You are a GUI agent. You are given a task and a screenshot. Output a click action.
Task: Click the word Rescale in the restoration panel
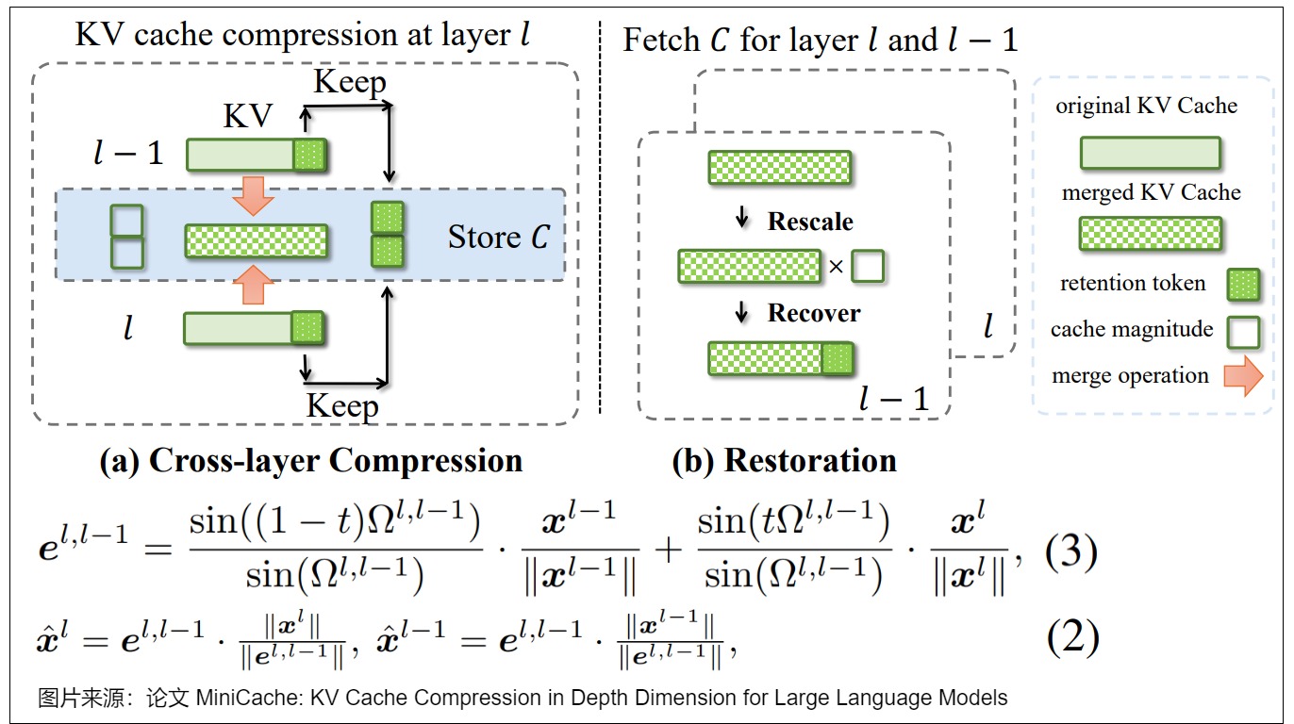pyautogui.click(x=810, y=222)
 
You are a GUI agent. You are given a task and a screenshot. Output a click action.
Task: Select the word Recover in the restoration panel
pyautogui.click(x=813, y=313)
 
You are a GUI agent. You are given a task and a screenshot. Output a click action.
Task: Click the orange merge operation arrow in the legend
pyautogui.click(x=1242, y=376)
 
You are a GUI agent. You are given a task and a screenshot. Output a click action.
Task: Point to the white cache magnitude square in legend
pyautogui.click(x=1243, y=331)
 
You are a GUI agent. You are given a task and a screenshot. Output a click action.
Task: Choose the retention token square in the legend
pyautogui.click(x=1243, y=285)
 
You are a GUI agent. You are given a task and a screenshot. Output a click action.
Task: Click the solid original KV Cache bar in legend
pyautogui.click(x=1151, y=153)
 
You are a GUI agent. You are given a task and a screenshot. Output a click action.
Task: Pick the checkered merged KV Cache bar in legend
pyautogui.click(x=1151, y=234)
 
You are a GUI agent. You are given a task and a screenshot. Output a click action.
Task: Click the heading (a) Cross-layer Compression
pyautogui.click(x=311, y=461)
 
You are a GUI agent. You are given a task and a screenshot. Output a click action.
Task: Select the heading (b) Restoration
pyautogui.click(x=784, y=461)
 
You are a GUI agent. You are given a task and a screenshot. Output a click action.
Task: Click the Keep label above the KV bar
pyautogui.click(x=349, y=82)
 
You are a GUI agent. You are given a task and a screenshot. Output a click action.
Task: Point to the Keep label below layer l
pyautogui.click(x=342, y=407)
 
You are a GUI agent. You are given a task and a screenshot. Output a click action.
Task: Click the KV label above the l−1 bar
pyautogui.click(x=247, y=117)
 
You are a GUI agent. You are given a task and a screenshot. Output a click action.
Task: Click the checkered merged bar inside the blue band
pyautogui.click(x=256, y=240)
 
